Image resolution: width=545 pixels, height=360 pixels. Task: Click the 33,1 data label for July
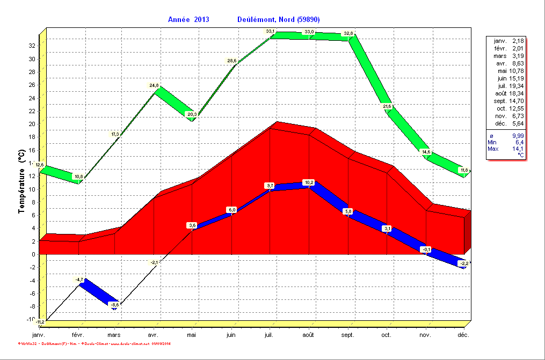(270, 32)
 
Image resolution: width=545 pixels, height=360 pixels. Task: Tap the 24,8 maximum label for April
(155, 85)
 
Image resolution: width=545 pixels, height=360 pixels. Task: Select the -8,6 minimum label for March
(115, 305)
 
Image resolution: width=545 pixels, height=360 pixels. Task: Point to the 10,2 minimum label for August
(309, 182)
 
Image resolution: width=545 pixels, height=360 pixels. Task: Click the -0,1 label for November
(426, 249)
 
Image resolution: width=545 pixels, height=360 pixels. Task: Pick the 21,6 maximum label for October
(387, 106)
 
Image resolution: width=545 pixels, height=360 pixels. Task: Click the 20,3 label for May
(192, 114)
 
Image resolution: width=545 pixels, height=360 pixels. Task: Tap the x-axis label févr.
(78, 334)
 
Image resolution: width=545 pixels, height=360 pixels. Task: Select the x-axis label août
(308, 334)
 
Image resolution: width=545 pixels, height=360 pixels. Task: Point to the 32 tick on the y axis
(32, 46)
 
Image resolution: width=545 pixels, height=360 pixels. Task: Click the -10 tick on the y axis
(31, 319)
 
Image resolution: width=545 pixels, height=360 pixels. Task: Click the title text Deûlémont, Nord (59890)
(278, 19)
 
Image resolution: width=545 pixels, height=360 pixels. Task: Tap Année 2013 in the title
(188, 19)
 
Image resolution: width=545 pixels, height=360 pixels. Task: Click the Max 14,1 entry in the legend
(505, 149)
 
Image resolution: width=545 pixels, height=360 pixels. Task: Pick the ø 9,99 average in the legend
(505, 136)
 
